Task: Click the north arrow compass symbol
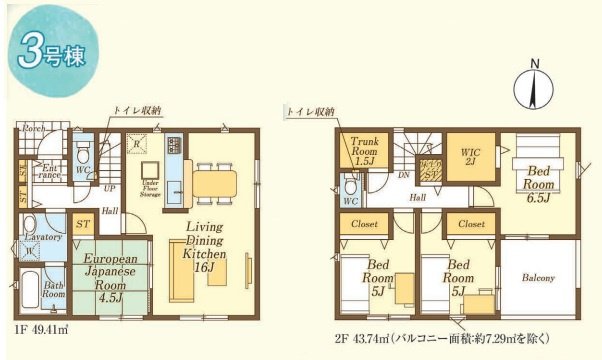coord(534,88)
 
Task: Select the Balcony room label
coord(537,277)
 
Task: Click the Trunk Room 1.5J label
coord(364,153)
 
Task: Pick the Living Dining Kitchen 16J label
coord(206,246)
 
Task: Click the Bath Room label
coord(52,290)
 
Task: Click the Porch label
coord(33,129)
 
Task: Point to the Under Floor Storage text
coord(153,187)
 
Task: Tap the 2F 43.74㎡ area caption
coord(444,337)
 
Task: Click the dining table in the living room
coord(210,183)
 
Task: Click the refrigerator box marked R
coord(136,143)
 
